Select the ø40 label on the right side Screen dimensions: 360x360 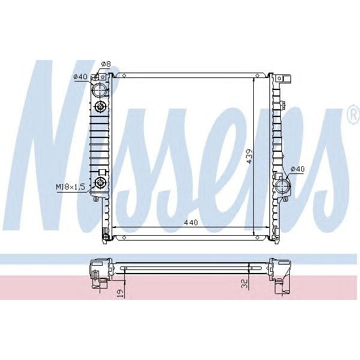[x=298, y=169]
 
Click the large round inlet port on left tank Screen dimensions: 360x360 [x=100, y=91]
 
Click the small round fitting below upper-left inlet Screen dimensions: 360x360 [x=101, y=108]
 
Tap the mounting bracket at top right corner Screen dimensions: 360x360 [x=284, y=78]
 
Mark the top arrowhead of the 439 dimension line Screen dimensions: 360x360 [x=255, y=79]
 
